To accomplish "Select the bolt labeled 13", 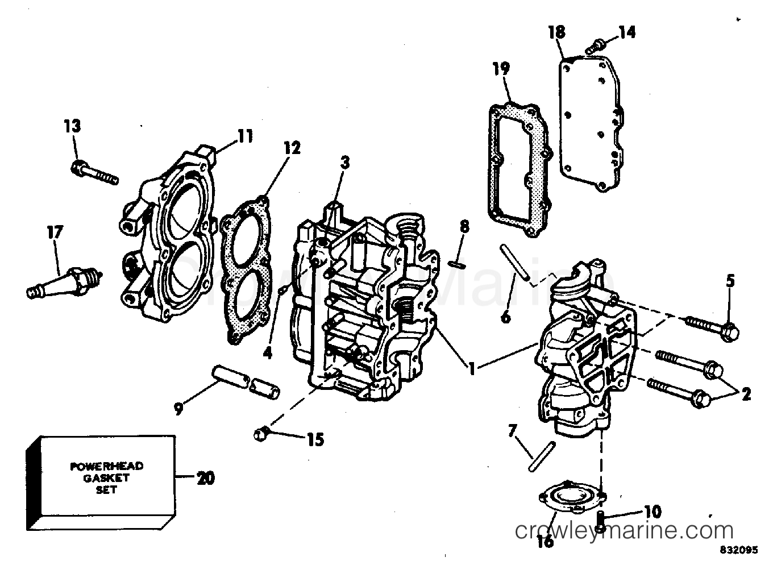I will point(94,172).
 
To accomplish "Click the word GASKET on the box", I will point(106,477).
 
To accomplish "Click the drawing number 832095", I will point(738,551).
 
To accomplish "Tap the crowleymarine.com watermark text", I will point(624,531).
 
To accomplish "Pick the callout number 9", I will point(179,409).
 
